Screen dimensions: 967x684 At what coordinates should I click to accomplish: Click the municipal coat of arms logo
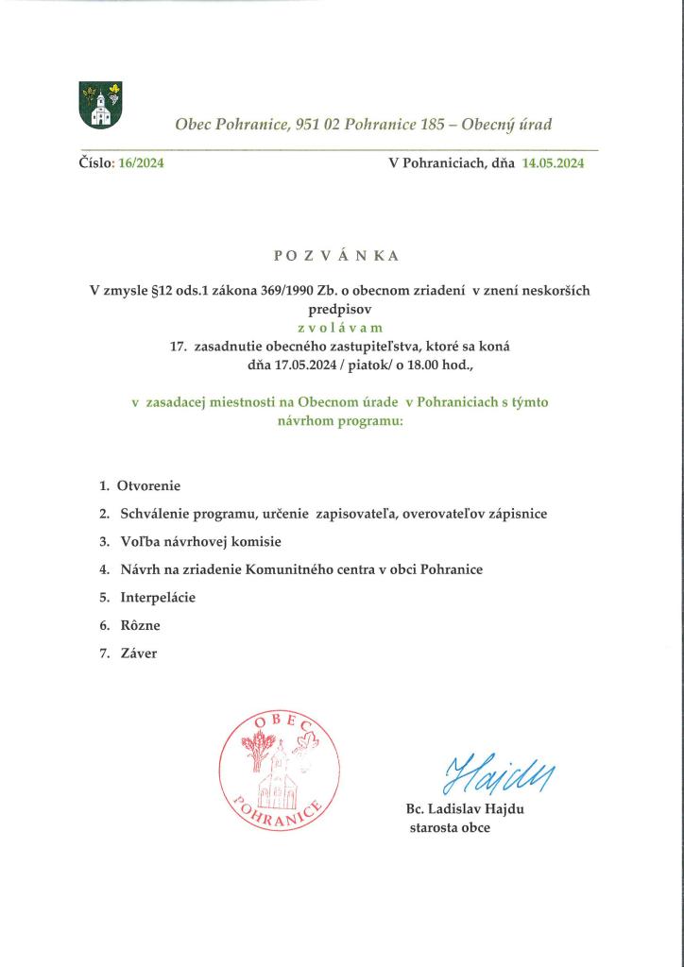(99, 105)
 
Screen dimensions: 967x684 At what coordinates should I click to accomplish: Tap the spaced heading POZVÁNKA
(336, 256)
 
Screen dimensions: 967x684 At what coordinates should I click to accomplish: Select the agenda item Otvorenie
(148, 485)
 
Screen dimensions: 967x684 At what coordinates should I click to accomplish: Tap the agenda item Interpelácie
(158, 598)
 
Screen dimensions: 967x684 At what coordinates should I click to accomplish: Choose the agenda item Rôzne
(141, 625)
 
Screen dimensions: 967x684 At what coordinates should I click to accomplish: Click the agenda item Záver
(138, 653)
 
